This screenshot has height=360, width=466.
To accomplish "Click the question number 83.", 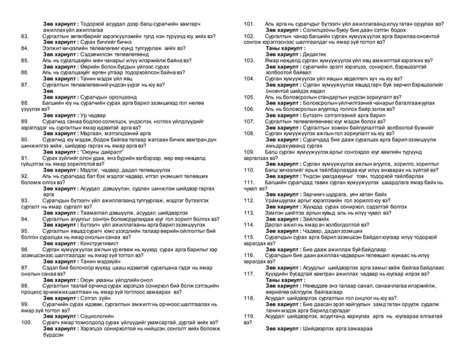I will [25, 34].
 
